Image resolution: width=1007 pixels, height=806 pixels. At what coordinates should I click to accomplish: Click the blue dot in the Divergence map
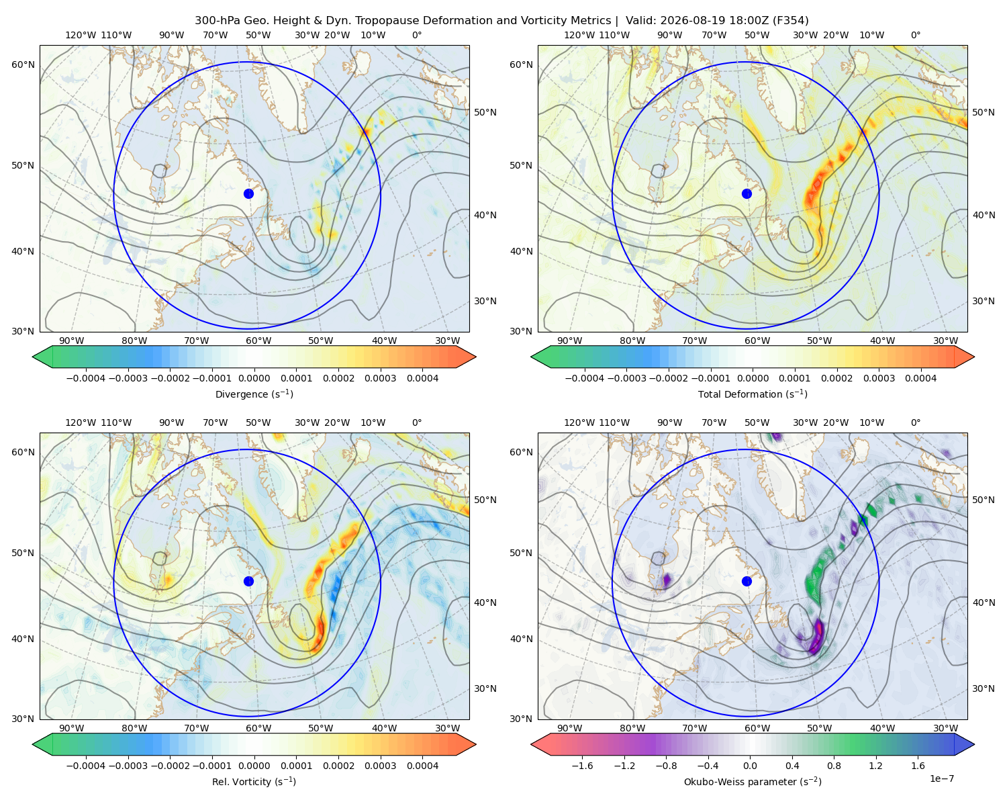click(248, 193)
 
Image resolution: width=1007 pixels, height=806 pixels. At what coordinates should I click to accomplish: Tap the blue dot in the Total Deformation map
click(747, 193)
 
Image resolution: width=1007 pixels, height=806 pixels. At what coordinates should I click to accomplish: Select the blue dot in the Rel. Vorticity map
click(248, 581)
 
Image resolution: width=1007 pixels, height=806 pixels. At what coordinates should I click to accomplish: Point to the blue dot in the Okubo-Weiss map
click(747, 581)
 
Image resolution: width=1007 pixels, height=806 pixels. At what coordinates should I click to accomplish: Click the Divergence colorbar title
click(254, 394)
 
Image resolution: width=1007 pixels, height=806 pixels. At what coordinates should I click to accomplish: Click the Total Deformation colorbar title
click(753, 394)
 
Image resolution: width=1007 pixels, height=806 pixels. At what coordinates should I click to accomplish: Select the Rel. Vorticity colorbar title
click(254, 781)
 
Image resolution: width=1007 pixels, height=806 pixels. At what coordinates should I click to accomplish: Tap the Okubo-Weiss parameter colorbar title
click(753, 781)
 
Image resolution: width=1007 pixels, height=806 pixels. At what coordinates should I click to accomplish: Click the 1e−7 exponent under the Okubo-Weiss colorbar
click(941, 778)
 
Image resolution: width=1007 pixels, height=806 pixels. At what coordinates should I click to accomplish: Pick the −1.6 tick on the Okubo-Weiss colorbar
click(582, 766)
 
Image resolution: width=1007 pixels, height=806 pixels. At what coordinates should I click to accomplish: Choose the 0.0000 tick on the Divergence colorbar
click(254, 378)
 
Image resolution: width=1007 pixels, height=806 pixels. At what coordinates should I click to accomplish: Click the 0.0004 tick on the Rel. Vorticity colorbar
click(422, 766)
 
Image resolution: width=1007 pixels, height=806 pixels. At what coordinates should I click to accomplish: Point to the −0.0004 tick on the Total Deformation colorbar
click(585, 378)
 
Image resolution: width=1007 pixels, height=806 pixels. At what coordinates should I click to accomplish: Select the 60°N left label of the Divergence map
click(23, 64)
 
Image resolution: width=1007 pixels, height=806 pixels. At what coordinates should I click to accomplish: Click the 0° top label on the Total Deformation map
click(915, 35)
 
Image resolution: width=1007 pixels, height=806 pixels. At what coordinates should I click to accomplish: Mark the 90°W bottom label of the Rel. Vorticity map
click(72, 728)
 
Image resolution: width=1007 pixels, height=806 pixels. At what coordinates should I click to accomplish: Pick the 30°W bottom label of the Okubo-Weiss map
click(945, 728)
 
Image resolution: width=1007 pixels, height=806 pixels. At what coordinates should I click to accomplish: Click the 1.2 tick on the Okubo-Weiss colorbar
click(875, 766)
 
